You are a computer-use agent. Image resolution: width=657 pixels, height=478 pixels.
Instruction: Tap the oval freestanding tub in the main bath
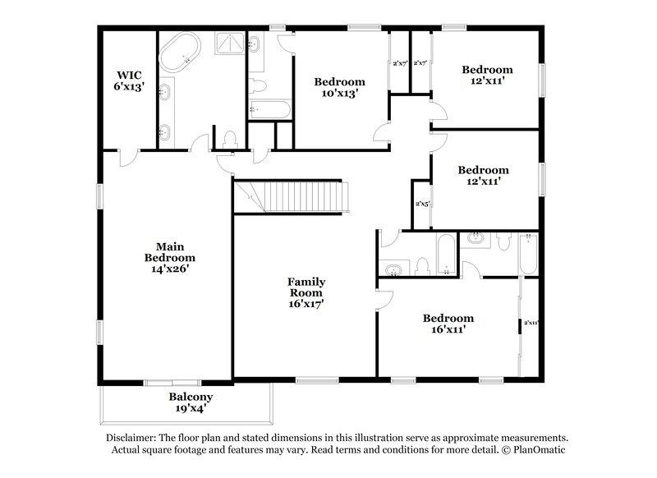tap(180, 51)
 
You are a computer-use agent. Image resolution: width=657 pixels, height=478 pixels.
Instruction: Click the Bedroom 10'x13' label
tap(339, 87)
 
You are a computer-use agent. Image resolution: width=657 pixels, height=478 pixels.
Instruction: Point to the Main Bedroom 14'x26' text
tap(164, 256)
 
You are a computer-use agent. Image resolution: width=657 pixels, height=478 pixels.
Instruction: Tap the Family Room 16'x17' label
tap(305, 292)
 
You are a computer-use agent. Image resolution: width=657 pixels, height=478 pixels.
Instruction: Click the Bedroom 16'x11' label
tap(448, 323)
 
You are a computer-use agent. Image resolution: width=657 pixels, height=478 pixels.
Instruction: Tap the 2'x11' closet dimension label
tap(530, 323)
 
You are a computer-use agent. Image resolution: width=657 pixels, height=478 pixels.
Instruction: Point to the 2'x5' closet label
tap(422, 203)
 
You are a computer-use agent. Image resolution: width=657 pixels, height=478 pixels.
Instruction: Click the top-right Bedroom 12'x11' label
tap(486, 75)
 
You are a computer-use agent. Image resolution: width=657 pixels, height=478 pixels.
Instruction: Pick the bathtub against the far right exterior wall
tap(526, 254)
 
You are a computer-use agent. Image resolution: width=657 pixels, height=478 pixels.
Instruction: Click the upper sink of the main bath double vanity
tap(165, 90)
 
